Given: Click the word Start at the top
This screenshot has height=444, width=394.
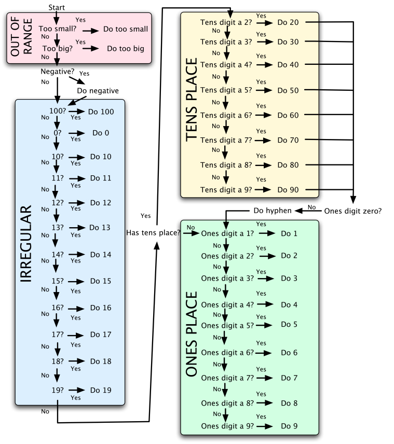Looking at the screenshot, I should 56,7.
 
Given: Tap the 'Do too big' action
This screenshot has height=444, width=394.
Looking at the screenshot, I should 125,49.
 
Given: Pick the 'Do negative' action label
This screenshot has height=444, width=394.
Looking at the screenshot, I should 98,91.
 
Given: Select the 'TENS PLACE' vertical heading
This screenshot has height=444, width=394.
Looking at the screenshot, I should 191,100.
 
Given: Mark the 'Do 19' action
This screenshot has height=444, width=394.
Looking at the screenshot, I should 101,390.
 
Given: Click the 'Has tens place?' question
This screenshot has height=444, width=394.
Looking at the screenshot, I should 153,233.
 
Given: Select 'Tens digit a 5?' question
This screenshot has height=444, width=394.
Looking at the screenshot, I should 226,90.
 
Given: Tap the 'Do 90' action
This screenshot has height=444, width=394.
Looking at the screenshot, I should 288,190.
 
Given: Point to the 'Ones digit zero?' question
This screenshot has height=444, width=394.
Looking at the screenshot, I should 353,211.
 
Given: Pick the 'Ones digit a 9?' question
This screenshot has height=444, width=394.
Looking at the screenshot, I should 227,426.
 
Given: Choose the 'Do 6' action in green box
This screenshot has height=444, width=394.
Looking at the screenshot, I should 289,353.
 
